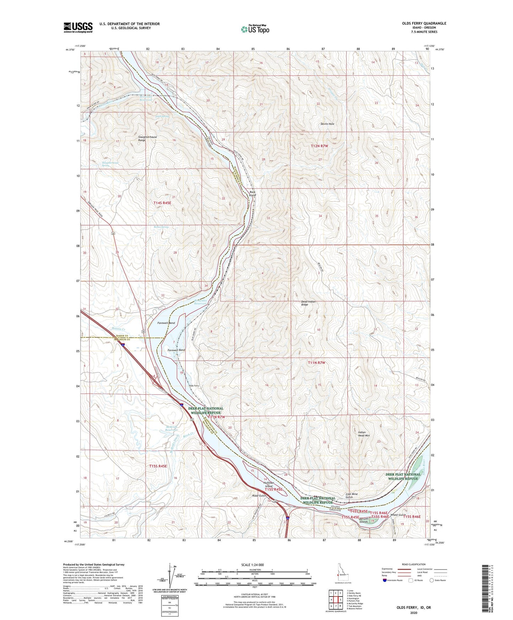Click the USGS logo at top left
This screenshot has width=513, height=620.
[78, 27]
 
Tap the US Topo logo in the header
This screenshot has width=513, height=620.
[255, 29]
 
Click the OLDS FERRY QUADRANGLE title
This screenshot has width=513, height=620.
[419, 23]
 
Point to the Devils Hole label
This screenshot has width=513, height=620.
[327, 124]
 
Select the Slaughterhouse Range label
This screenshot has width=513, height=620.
[147, 138]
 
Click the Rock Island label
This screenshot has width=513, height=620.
[252, 194]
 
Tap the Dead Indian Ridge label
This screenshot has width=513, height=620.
[308, 303]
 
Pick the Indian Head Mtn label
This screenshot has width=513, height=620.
[364, 434]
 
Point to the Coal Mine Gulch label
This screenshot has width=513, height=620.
[351, 495]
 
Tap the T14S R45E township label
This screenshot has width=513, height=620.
[162, 203]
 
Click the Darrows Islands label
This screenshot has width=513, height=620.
[364, 520]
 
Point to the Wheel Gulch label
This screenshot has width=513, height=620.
[398, 515]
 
